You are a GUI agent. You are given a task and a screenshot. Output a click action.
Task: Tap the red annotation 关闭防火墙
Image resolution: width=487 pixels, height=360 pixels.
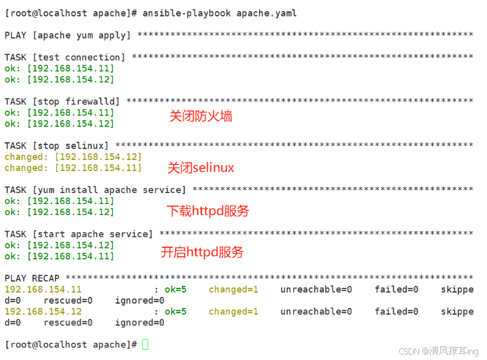click(x=201, y=116)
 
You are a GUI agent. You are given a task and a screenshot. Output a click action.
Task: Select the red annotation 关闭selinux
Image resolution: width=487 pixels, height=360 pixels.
click(x=201, y=168)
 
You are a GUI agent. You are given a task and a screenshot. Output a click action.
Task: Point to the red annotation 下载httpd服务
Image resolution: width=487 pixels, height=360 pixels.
click(x=207, y=210)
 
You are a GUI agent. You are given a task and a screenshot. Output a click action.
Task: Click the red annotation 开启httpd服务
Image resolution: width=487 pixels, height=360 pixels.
click(x=202, y=252)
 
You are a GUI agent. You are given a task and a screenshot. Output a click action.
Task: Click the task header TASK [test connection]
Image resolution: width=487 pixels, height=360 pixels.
click(x=65, y=57)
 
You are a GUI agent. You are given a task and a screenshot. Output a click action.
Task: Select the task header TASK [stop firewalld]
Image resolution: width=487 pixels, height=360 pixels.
click(x=63, y=101)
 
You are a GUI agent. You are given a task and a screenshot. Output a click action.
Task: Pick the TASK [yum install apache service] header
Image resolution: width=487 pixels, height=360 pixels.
click(x=95, y=190)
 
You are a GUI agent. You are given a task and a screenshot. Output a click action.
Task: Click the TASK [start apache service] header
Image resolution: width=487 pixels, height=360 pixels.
click(x=79, y=234)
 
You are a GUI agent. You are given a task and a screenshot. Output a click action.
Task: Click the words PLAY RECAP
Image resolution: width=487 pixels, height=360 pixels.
click(x=32, y=278)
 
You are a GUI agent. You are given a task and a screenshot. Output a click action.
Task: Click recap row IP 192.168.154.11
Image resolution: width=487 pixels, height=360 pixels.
click(x=43, y=289)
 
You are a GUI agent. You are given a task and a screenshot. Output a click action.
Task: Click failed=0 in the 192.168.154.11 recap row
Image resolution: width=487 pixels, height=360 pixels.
click(x=396, y=289)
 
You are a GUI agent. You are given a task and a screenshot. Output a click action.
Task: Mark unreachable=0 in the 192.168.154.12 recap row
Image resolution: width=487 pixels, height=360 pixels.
click(x=316, y=311)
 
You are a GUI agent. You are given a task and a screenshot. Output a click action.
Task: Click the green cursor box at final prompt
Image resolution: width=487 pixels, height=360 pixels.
click(x=145, y=344)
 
